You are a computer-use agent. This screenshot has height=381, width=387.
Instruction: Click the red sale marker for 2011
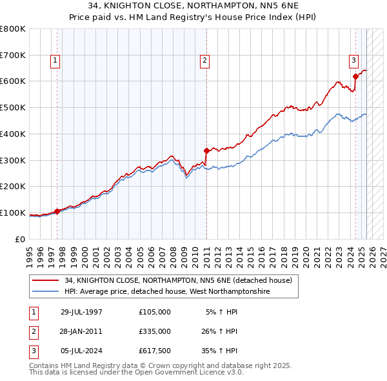tap(206, 151)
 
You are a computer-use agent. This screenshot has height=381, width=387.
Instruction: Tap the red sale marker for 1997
tap(57, 211)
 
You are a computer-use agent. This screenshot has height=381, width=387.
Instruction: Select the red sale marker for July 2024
tap(355, 76)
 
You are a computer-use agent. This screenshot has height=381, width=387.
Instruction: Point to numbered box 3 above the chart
tap(354, 61)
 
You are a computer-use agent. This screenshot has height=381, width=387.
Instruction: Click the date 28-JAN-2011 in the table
tap(81, 331)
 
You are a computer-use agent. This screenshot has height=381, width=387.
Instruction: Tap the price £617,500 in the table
tap(155, 351)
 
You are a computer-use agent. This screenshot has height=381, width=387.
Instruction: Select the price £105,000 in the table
tap(155, 311)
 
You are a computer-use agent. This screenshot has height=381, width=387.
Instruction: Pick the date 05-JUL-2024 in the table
tap(81, 351)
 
